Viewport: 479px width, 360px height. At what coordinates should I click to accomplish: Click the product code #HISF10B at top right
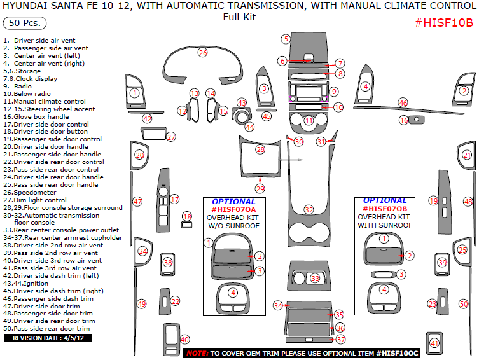(x=443, y=23)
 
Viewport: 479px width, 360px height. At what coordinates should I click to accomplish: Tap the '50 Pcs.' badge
(x=25, y=24)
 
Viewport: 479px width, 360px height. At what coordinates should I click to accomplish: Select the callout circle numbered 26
(x=202, y=52)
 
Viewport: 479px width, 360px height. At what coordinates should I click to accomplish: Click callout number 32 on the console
(x=309, y=209)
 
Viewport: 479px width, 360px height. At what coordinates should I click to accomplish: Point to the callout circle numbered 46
(x=403, y=102)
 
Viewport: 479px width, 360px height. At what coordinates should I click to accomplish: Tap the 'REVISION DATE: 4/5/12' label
(x=44, y=338)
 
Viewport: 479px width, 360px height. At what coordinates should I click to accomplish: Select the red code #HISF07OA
(x=233, y=209)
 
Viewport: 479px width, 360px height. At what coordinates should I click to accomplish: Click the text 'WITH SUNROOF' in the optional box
(x=384, y=225)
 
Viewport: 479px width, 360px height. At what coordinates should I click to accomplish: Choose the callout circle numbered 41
(x=435, y=343)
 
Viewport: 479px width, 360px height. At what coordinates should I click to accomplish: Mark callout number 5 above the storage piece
(x=287, y=39)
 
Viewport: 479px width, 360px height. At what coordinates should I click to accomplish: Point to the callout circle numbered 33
(x=314, y=279)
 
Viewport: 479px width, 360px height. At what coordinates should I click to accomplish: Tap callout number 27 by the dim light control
(x=170, y=137)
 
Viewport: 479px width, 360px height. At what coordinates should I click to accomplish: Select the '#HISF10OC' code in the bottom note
(x=397, y=352)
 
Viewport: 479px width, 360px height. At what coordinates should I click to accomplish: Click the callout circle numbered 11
(x=309, y=120)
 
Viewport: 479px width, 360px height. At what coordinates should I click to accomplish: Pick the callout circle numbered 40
(x=184, y=339)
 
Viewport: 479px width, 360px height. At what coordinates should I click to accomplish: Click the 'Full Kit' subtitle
(x=239, y=17)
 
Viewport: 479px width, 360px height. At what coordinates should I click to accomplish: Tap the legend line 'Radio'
(x=23, y=86)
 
